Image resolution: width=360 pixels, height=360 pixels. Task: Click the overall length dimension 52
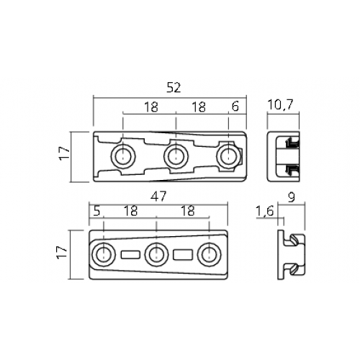click(174, 88)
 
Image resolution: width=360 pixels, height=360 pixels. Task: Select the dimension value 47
click(158, 197)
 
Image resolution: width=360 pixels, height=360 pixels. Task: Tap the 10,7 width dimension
click(280, 104)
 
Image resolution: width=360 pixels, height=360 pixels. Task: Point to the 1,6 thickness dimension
click(265, 212)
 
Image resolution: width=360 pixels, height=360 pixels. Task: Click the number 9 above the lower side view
click(292, 197)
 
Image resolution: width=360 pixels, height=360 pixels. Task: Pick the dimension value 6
click(235, 107)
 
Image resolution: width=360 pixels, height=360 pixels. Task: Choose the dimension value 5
click(96, 212)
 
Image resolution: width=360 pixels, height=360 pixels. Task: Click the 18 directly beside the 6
click(199, 107)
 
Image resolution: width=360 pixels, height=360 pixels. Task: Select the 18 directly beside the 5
click(130, 211)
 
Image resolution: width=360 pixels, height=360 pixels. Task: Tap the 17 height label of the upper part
click(64, 153)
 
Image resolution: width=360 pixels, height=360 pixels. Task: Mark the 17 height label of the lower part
click(61, 252)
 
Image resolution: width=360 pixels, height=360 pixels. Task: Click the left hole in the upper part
click(123, 156)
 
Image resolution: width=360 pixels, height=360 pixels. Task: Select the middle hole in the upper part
click(176, 156)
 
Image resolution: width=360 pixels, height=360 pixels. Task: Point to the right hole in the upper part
click(228, 156)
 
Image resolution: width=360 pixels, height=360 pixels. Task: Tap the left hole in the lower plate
click(104, 255)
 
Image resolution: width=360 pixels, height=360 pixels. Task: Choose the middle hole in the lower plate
click(156, 255)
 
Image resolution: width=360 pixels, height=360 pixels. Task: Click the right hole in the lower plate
click(209, 255)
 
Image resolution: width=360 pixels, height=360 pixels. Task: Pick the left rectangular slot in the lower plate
click(130, 255)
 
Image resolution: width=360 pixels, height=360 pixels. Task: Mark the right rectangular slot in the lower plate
click(183, 255)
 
